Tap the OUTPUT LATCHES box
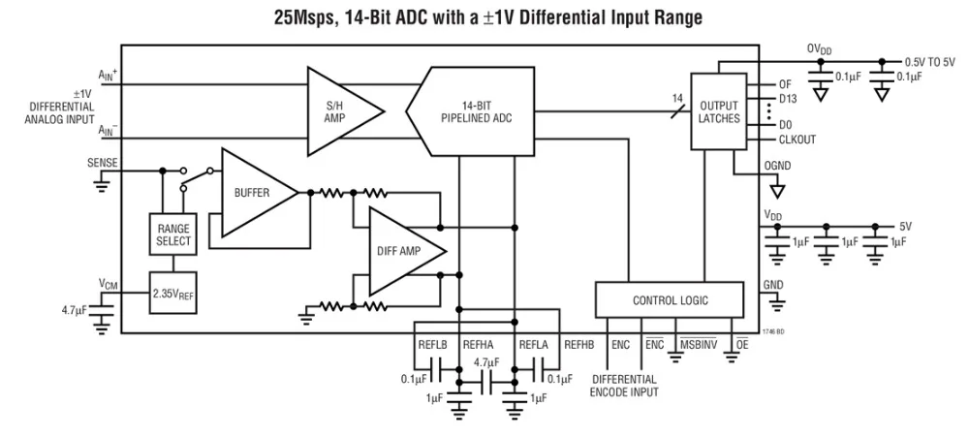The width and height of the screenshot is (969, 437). [718, 111]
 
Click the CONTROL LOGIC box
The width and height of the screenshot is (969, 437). [670, 300]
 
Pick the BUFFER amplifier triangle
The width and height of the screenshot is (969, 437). [252, 193]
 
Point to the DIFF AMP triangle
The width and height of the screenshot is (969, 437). [399, 251]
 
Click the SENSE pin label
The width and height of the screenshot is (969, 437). [102, 164]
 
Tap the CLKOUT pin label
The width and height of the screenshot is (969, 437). [797, 140]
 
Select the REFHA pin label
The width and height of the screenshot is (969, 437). [478, 345]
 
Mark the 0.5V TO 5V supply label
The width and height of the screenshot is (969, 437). [929, 61]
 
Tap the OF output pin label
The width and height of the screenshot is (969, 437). [785, 85]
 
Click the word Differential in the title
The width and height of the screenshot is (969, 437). [563, 18]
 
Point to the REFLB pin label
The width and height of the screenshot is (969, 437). [431, 345]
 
